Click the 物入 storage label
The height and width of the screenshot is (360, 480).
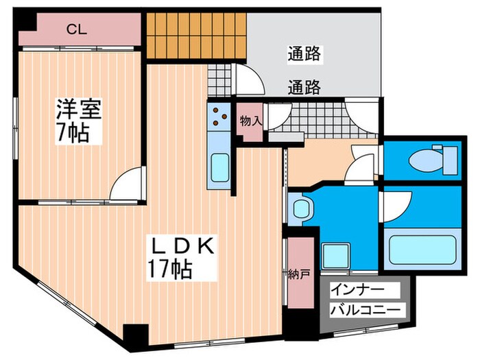pyautogui.click(x=250, y=121)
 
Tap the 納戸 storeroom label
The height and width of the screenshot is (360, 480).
pyautogui.click(x=298, y=274)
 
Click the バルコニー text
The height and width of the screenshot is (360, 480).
pyautogui.click(x=365, y=310)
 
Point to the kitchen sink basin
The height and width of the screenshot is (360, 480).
pyautogui.click(x=219, y=167)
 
